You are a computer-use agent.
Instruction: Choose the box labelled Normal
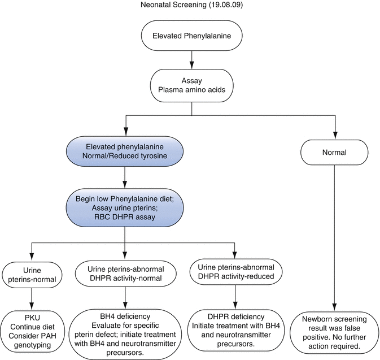pos(334,151)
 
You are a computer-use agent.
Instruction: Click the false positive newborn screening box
pos(334,333)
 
